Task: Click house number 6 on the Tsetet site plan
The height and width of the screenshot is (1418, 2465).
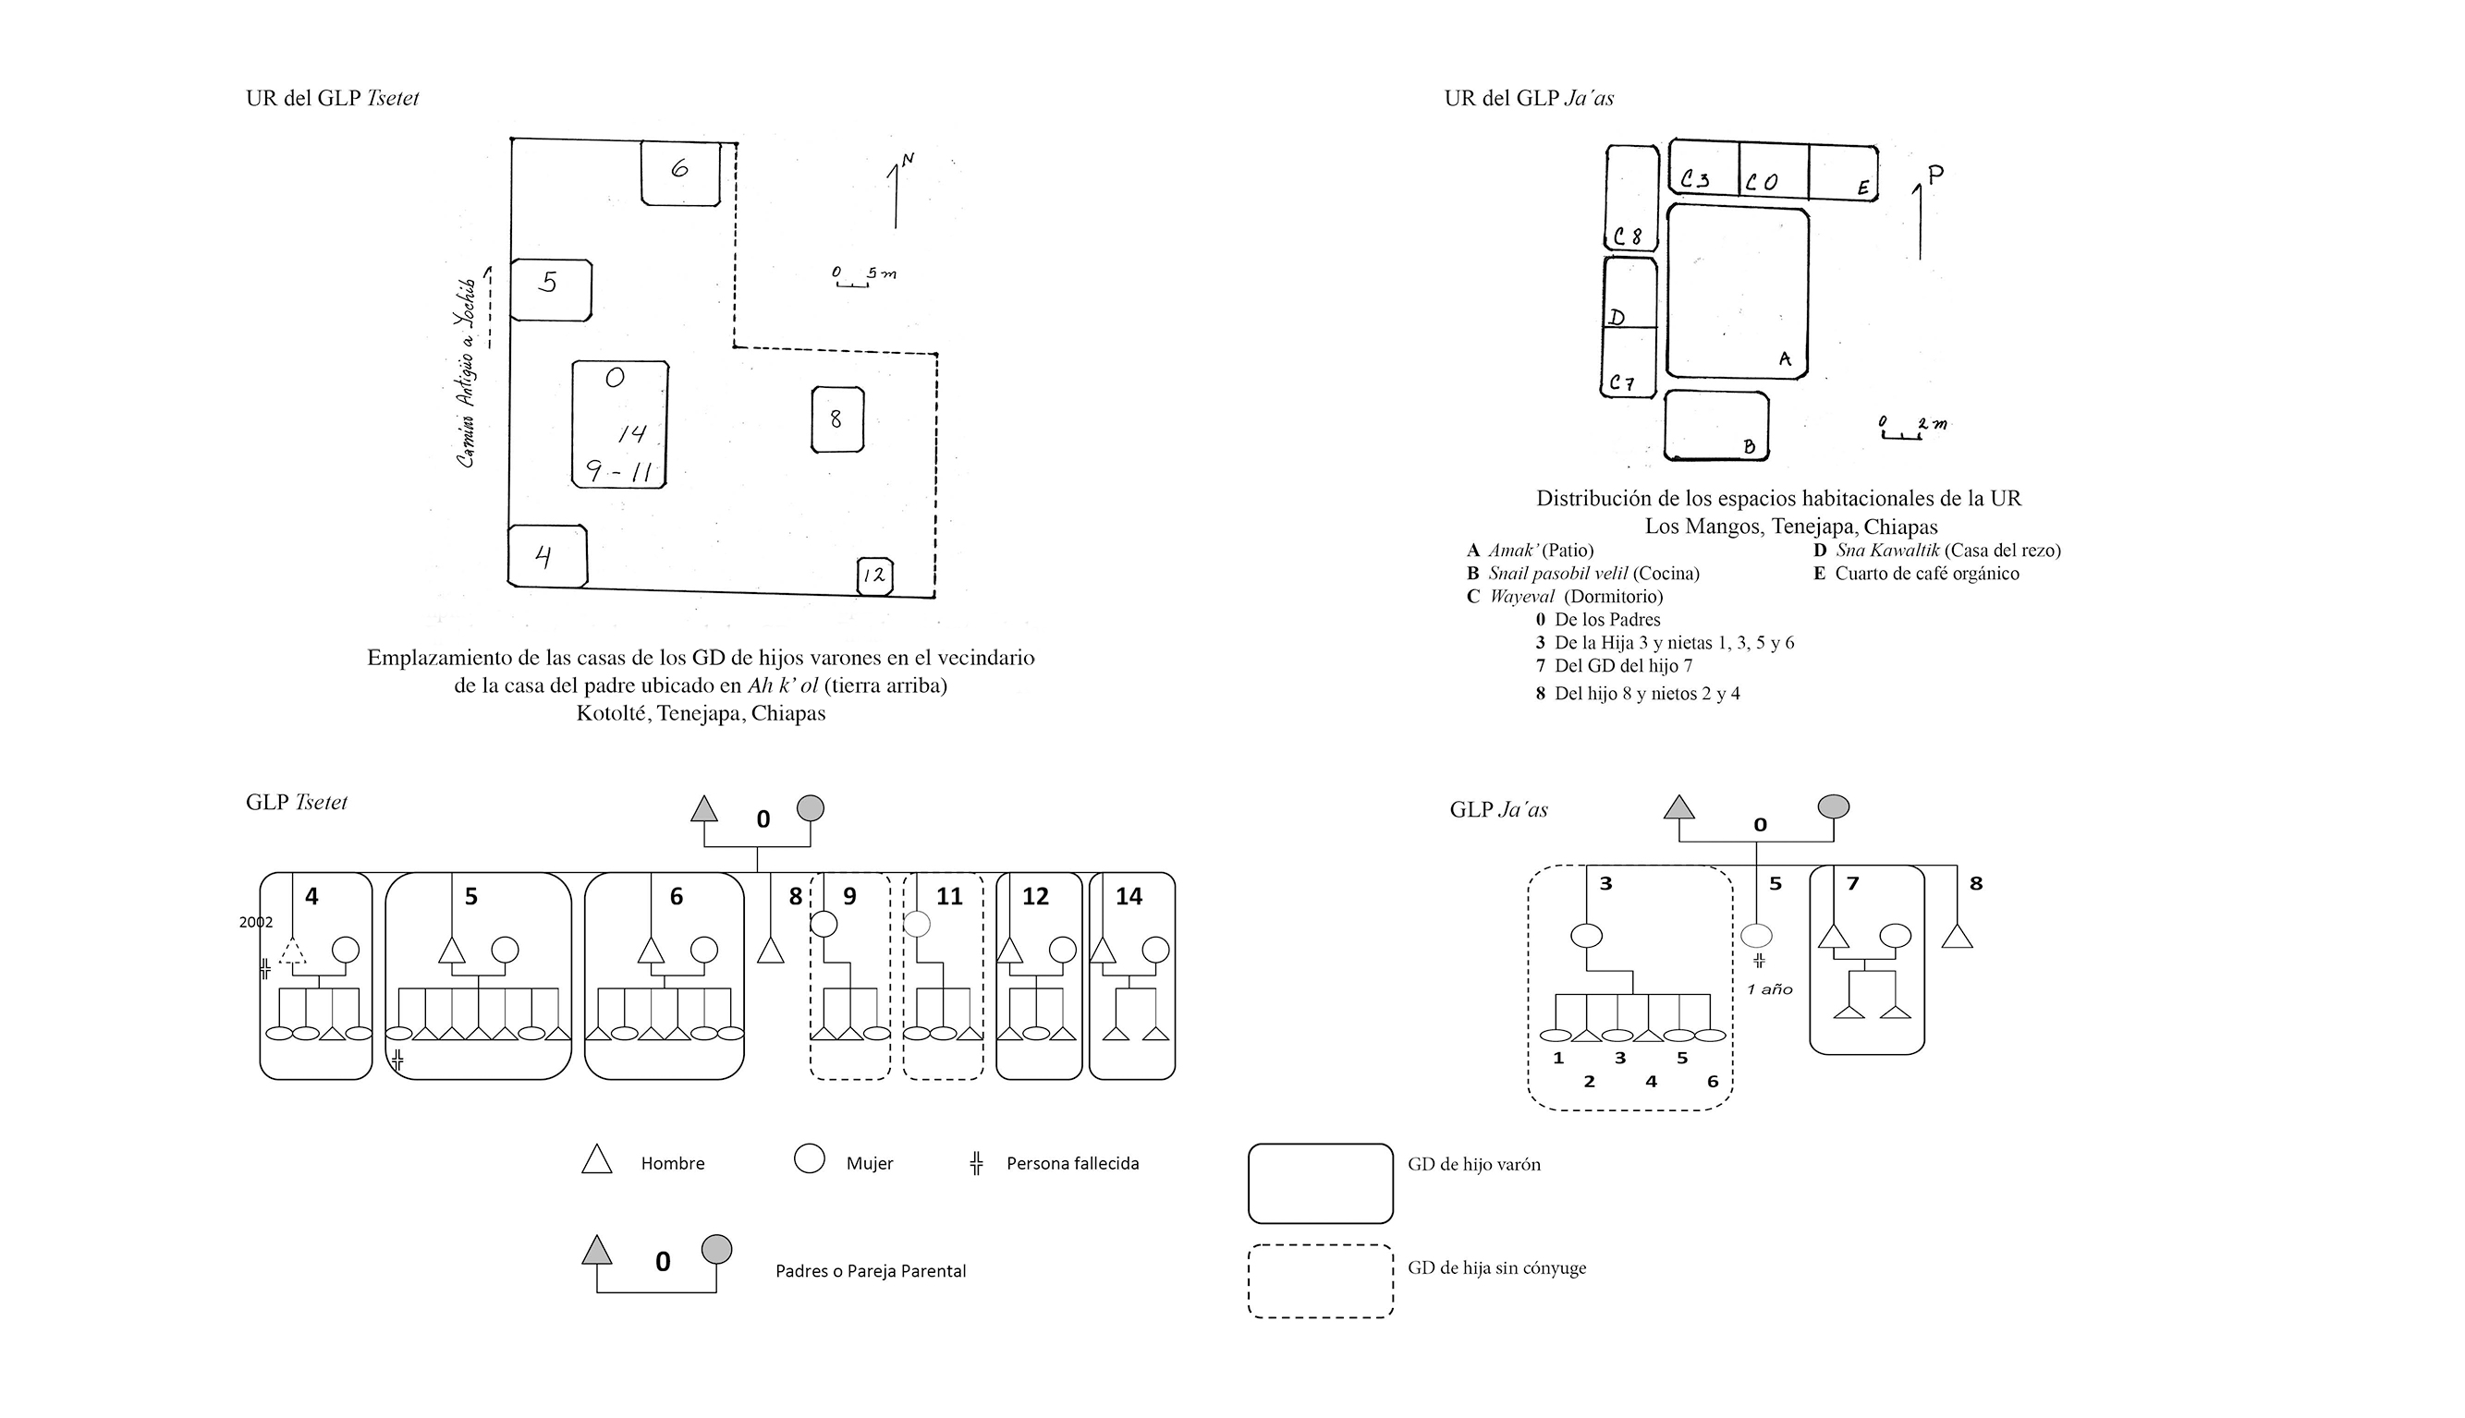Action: [x=680, y=173]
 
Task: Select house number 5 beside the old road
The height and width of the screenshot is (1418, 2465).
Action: [x=551, y=289]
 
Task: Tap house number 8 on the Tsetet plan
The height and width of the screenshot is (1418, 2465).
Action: [x=837, y=418]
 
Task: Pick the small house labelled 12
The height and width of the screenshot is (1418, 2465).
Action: [x=875, y=576]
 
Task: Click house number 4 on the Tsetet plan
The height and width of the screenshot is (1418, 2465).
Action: [x=547, y=556]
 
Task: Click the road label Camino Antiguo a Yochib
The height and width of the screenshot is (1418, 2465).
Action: [x=468, y=373]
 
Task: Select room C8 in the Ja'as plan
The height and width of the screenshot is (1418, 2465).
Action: [x=1631, y=198]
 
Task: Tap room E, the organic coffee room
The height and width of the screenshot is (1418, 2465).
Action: [x=1843, y=173]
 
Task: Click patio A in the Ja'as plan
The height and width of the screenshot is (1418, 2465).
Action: [x=1738, y=291]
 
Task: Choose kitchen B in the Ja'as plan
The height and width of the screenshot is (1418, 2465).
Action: [x=1715, y=426]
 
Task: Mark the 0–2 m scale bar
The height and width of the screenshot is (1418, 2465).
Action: [x=1910, y=429]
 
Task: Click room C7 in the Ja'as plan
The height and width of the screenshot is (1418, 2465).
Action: [x=1628, y=362]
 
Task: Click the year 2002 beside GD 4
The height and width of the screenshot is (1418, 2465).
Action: [x=256, y=922]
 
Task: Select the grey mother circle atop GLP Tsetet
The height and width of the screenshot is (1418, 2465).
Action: [x=811, y=808]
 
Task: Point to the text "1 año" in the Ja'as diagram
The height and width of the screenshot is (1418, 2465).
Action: [x=1769, y=989]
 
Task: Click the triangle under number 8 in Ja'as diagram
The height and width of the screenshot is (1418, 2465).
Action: [x=1958, y=937]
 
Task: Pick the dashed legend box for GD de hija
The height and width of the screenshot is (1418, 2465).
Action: [x=1320, y=1280]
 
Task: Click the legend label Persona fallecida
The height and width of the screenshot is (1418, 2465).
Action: [x=1072, y=1164]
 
